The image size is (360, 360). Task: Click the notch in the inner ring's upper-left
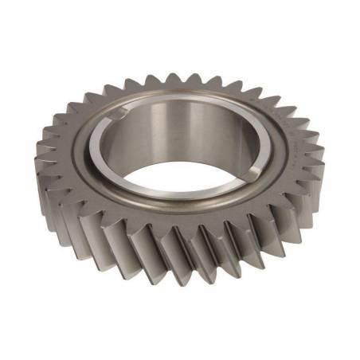[x=117, y=116]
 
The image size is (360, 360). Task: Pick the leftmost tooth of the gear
[x=41, y=163]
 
